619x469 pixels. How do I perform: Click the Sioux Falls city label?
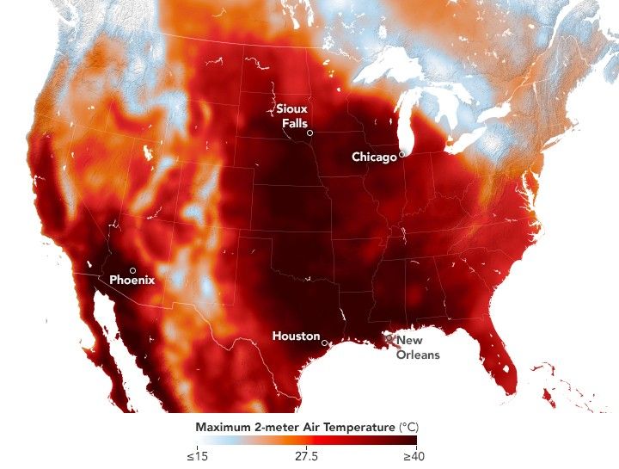[291, 116]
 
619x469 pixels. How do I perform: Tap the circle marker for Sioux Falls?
[309, 133]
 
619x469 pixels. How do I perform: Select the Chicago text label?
[374, 157]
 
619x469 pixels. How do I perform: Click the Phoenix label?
[132, 280]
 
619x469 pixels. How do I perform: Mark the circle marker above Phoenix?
[132, 269]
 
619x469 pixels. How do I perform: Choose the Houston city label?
[296, 336]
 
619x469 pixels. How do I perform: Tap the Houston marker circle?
[324, 342]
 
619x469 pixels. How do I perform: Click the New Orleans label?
[418, 348]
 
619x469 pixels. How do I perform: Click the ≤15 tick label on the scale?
[197, 456]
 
